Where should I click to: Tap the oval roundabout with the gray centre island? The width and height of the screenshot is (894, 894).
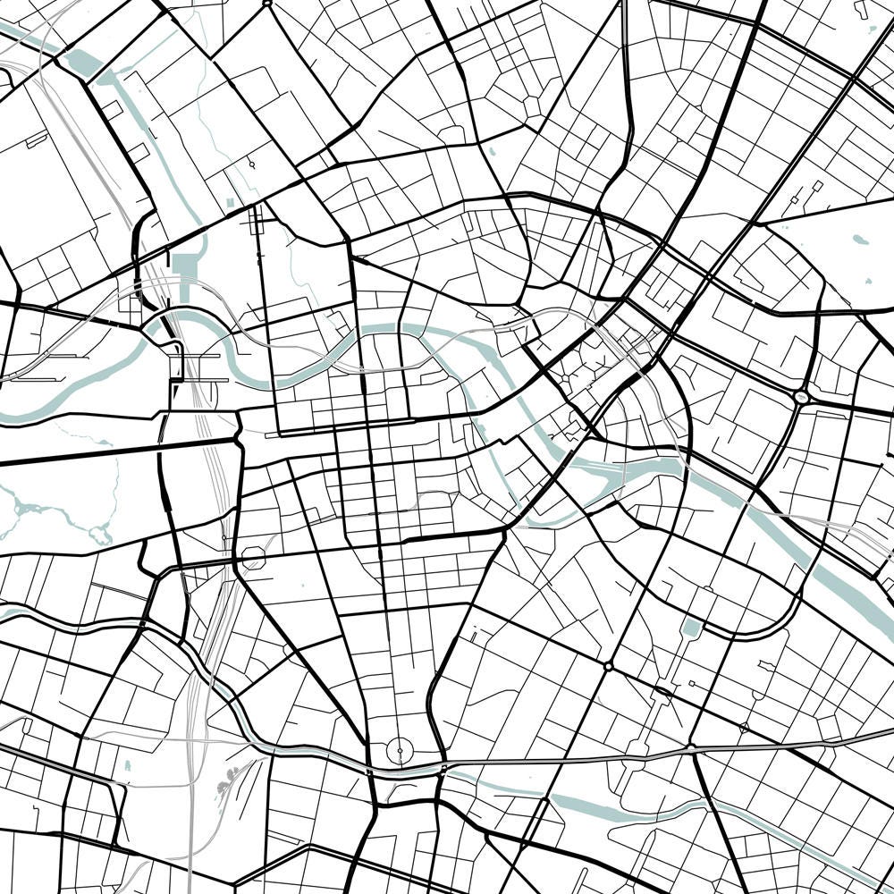[x=801, y=395]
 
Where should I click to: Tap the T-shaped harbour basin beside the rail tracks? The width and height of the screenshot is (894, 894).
[x=187, y=266]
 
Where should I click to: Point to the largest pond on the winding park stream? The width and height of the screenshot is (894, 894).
[x=99, y=535]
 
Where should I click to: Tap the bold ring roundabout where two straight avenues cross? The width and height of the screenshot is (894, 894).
[x=608, y=666]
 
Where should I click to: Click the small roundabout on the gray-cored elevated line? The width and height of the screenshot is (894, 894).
[x=691, y=747]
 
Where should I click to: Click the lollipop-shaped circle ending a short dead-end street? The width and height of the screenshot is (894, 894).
[x=253, y=165]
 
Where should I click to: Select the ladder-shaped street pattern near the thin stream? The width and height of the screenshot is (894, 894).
[x=259, y=220]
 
